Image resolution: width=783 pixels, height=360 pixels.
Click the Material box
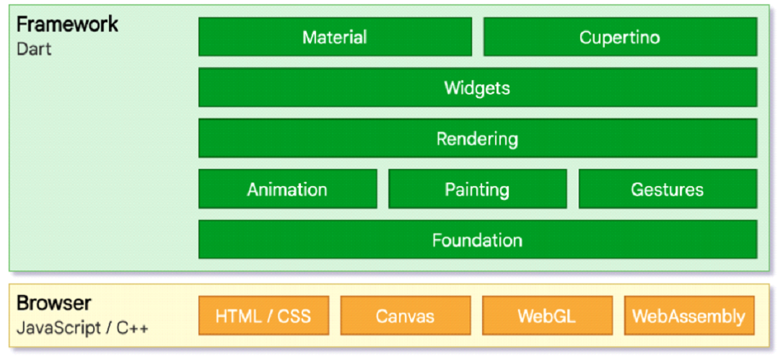pyautogui.click(x=335, y=37)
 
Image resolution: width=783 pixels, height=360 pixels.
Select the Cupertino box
pyautogui.click(x=620, y=37)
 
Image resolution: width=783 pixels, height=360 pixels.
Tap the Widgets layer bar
pyautogui.click(x=478, y=87)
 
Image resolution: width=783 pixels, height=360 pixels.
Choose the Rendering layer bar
pyautogui.click(x=478, y=139)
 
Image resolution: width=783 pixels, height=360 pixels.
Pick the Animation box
pyautogui.click(x=288, y=189)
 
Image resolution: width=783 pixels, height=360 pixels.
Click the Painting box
pyautogui.click(x=478, y=189)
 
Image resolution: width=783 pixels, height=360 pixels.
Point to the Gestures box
pyautogui.click(x=668, y=189)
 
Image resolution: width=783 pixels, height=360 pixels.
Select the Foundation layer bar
pyautogui.click(x=478, y=240)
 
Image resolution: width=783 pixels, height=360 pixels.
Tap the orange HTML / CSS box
pyautogui.click(x=263, y=315)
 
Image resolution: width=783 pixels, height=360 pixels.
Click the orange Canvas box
pyautogui.click(x=406, y=315)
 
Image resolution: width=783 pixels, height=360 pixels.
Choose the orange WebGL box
pyautogui.click(x=547, y=315)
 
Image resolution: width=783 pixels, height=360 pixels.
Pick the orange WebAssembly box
pyautogui.click(x=689, y=315)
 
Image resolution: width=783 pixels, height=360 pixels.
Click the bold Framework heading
pyautogui.click(x=67, y=24)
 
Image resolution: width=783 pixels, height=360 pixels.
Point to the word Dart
pyautogui.click(x=34, y=50)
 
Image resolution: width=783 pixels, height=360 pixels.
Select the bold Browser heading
pyautogui.click(x=54, y=303)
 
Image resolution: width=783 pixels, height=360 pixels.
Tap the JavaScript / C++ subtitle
pyautogui.click(x=82, y=328)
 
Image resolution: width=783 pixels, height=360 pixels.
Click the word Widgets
pyautogui.click(x=478, y=88)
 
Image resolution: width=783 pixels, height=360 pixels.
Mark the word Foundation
pyautogui.click(x=478, y=240)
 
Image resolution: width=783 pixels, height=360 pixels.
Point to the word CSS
pyautogui.click(x=294, y=316)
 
